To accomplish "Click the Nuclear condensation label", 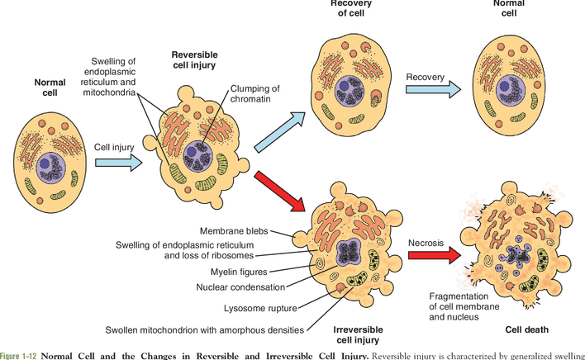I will tap(240, 287).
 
